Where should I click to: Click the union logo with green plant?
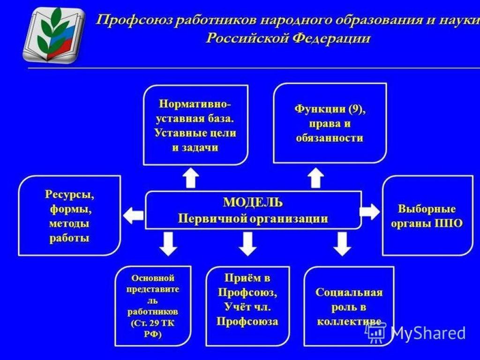[54, 35]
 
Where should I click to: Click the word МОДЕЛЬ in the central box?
[253, 202]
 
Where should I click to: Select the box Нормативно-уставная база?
[195, 125]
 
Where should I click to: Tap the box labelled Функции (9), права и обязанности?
[330, 123]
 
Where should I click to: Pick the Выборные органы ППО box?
[427, 216]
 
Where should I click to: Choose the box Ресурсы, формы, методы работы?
[69, 216]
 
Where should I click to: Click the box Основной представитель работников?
[153, 305]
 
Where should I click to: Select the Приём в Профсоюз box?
[247, 305]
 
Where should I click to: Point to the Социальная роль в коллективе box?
[349, 306]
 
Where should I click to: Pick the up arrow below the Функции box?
[316, 178]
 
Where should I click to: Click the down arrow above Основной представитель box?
[168, 243]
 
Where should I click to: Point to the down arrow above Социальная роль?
[342, 243]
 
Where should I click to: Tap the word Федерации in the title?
[331, 38]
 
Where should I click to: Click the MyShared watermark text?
[427, 333]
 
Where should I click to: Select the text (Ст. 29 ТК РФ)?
[153, 328]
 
